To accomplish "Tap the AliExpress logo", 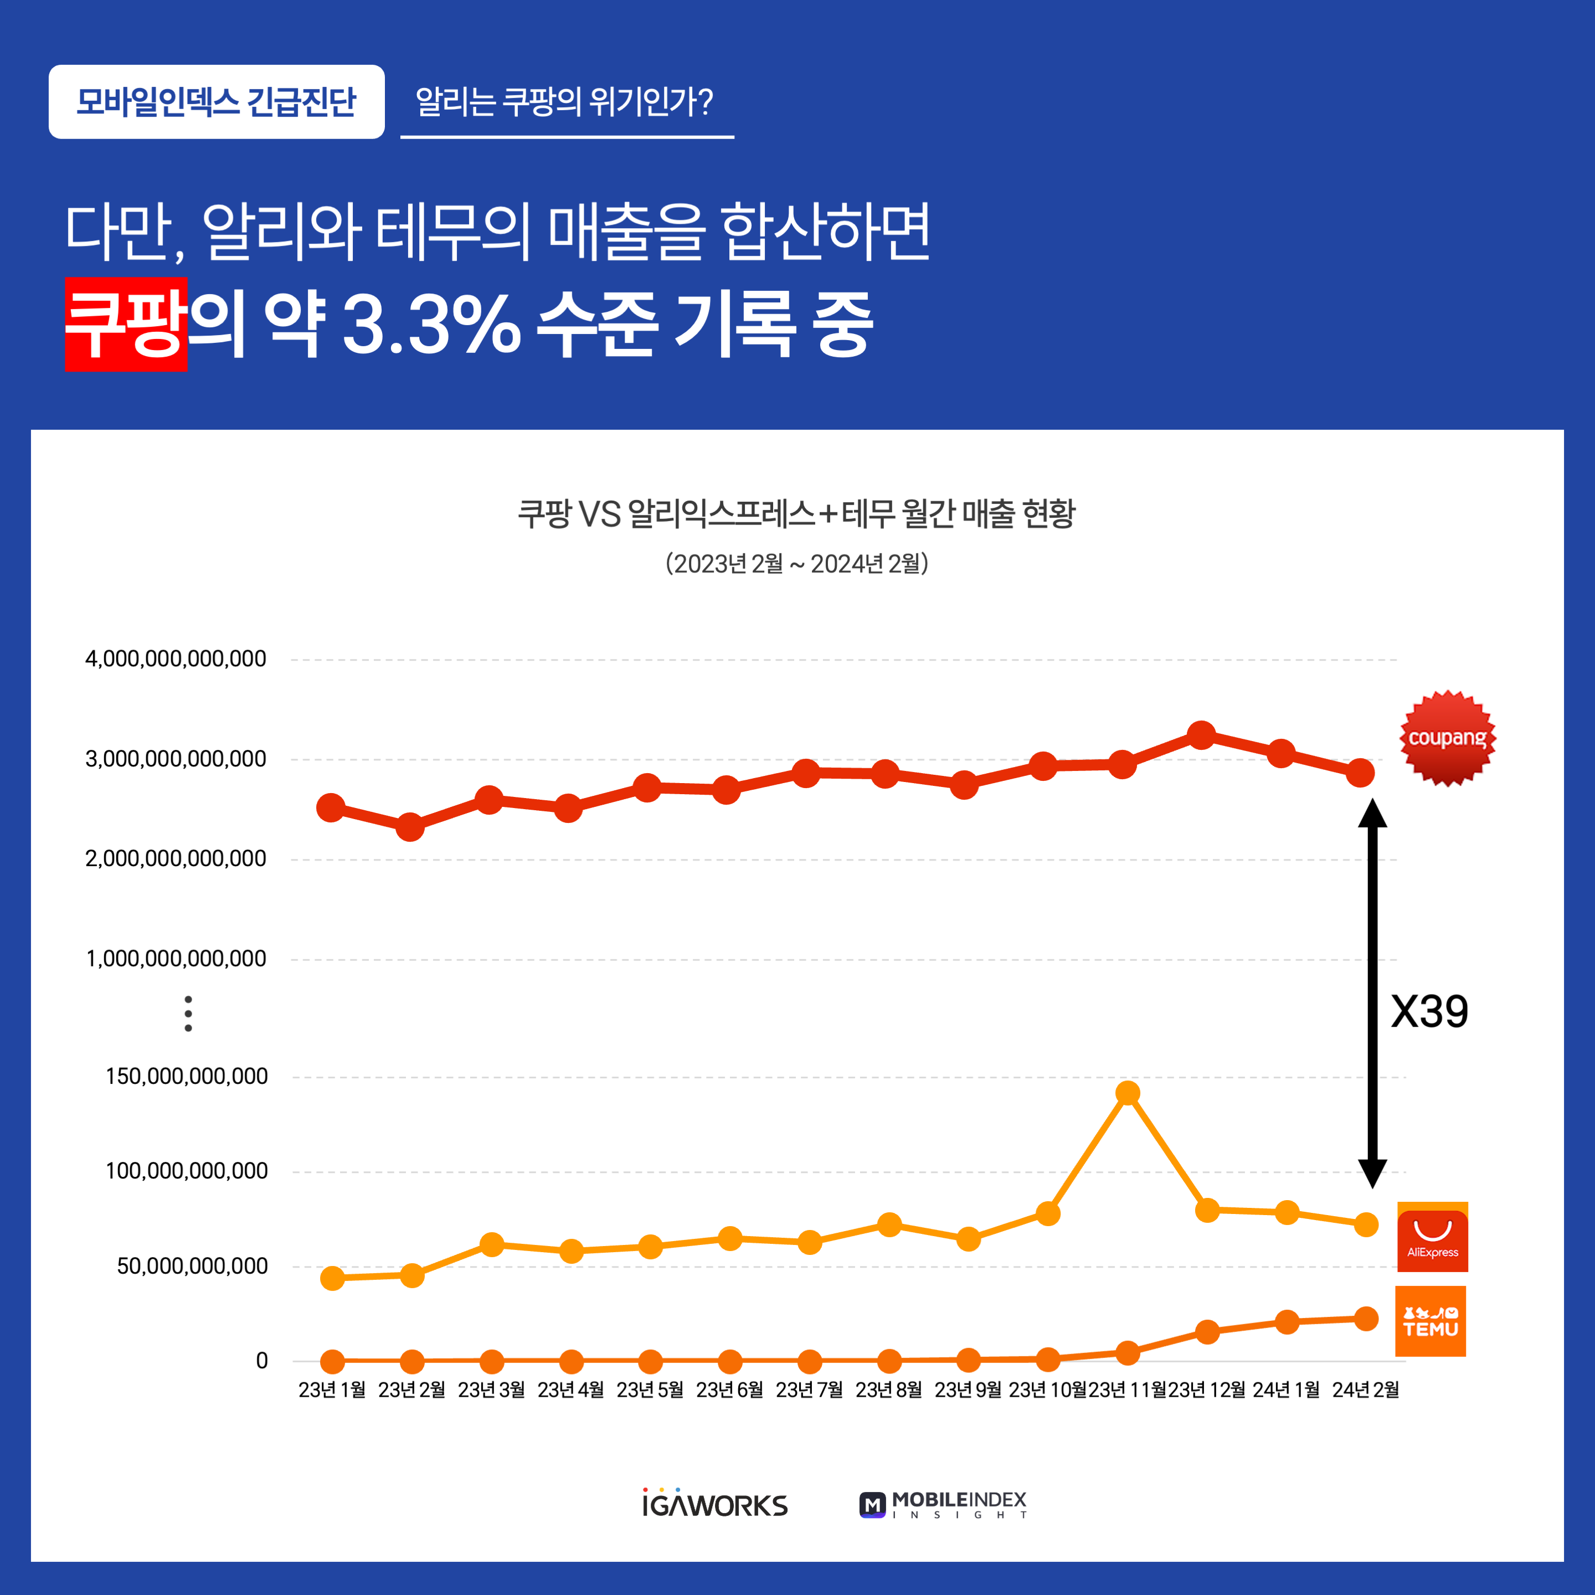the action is [1432, 1237].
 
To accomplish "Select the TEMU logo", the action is [1431, 1321].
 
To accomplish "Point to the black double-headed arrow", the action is [1372, 993].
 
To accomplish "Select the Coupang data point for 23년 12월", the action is [1201, 735].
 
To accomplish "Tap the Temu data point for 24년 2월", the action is [1366, 1319].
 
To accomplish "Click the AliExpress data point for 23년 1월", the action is [332, 1278].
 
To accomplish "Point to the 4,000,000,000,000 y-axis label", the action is [176, 659].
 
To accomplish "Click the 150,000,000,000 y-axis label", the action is [187, 1076].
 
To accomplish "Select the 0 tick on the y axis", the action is [262, 1361].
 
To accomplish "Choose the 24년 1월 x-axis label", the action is [1286, 1390].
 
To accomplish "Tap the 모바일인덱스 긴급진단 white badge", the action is [217, 101].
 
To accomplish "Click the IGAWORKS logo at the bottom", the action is [715, 1503].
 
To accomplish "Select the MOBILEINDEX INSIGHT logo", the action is [943, 1504].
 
